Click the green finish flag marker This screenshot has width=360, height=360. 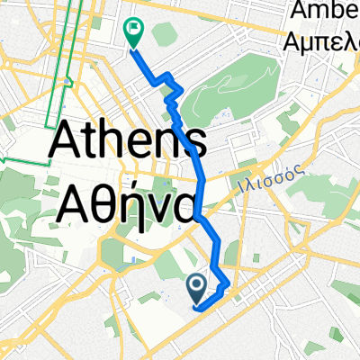[x=133, y=33]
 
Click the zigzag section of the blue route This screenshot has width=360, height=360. [x=171, y=90]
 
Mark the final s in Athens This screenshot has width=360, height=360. [x=196, y=148]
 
